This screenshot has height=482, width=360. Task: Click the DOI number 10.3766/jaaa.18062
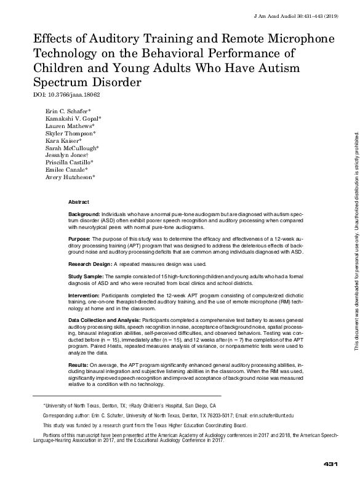pyautogui.click(x=67, y=95)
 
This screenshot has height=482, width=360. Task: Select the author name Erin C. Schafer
pyautogui.click(x=68, y=111)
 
